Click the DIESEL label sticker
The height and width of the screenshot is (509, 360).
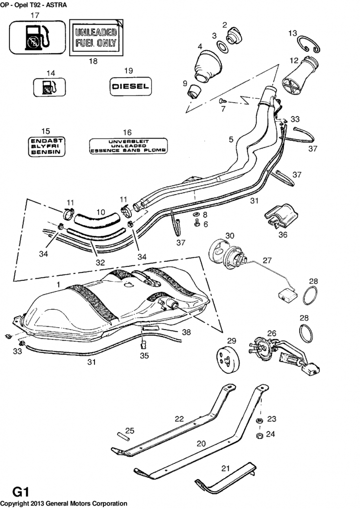click(130, 85)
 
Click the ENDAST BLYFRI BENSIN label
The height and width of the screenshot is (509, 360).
click(45, 147)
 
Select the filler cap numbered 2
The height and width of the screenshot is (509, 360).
click(234, 36)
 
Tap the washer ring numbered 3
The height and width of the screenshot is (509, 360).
click(222, 47)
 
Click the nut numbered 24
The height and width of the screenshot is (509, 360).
click(259, 436)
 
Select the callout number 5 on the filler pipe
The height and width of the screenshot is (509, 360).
click(231, 140)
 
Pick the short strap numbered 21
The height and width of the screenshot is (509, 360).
click(224, 477)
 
